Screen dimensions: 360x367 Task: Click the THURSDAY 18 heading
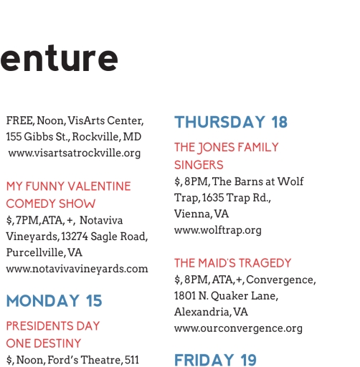click(231, 122)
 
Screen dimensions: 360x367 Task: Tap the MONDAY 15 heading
click(54, 300)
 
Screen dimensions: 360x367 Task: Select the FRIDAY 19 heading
click(215, 360)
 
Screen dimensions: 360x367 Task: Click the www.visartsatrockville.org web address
click(75, 153)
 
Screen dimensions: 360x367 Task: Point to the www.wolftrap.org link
click(218, 231)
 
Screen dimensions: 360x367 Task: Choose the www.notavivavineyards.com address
click(77, 269)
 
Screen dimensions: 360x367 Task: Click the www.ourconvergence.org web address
click(238, 328)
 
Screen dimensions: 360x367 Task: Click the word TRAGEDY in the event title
click(265, 263)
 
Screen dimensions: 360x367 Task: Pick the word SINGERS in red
click(199, 165)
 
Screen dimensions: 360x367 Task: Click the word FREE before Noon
click(21, 120)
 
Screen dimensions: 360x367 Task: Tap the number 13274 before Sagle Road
click(75, 237)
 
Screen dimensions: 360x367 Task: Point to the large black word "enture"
click(59, 58)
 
